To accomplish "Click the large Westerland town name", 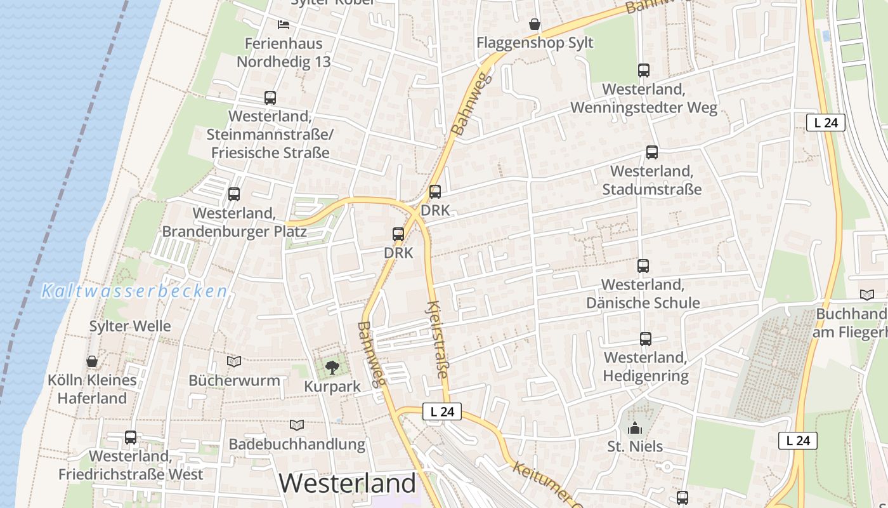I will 348,483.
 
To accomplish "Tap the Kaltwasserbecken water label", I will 134,291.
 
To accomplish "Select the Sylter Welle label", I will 130,326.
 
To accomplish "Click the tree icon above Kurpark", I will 332,366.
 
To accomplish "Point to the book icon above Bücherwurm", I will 234,361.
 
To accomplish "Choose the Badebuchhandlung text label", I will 297,444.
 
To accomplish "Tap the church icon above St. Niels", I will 634,429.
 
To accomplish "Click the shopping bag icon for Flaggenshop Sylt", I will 535,25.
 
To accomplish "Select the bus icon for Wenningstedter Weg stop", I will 644,70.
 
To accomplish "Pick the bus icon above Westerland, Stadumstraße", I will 651,152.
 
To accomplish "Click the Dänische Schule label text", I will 643,302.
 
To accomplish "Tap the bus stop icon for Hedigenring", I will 645,339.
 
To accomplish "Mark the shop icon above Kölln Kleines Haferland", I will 93,361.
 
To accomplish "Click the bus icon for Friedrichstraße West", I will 131,437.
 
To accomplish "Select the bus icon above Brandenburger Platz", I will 234,194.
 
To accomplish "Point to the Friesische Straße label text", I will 270,152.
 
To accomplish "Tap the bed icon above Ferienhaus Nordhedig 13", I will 284,25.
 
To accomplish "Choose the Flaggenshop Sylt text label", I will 535,43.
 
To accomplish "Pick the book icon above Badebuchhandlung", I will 296,425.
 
